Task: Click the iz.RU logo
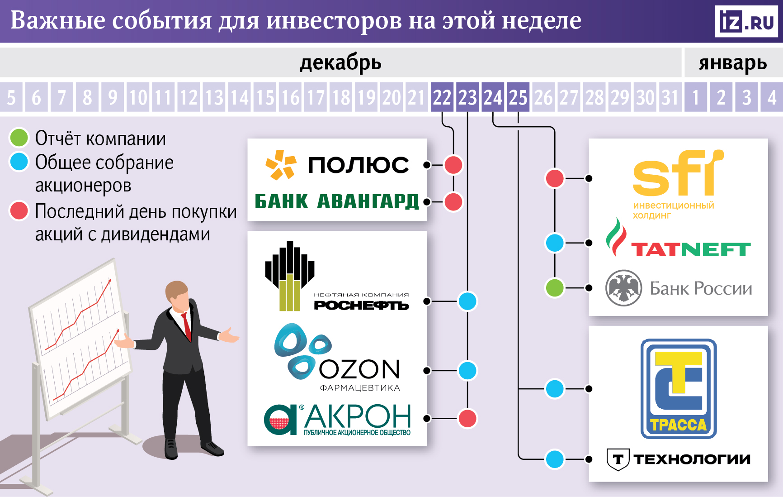click(746, 21)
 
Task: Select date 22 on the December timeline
click(442, 97)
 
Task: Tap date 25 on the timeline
click(518, 97)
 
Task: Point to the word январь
click(733, 63)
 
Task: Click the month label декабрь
click(340, 63)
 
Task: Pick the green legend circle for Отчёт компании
click(19, 138)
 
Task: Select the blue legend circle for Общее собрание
click(19, 162)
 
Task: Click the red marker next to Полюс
click(453, 165)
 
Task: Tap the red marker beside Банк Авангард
click(453, 202)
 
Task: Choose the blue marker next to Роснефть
click(467, 301)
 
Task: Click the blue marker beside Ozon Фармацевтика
click(467, 371)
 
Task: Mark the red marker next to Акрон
click(467, 418)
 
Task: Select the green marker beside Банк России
click(555, 288)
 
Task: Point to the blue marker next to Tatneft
click(555, 243)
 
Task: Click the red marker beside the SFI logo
click(555, 178)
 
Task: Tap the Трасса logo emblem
click(678, 388)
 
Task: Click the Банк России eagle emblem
click(623, 288)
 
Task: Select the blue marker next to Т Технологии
click(555, 459)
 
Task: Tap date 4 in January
click(772, 97)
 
